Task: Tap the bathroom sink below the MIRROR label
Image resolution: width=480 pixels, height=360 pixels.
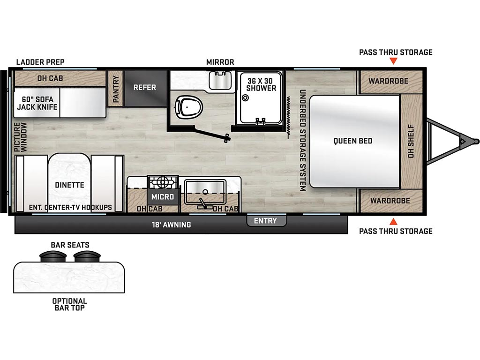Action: [x=220, y=80]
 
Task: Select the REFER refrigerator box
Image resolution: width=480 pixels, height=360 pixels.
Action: [x=145, y=88]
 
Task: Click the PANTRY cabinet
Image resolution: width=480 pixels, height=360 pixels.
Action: [x=116, y=89]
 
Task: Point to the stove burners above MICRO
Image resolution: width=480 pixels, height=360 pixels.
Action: [x=163, y=182]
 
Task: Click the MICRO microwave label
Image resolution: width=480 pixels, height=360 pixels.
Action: [x=163, y=196]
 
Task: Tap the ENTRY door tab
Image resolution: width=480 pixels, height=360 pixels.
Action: [x=266, y=220]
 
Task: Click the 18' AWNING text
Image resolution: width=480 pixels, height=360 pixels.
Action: [x=172, y=225]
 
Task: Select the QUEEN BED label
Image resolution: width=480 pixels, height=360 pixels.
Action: [x=352, y=141]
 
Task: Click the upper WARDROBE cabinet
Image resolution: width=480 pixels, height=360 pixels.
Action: [x=390, y=82]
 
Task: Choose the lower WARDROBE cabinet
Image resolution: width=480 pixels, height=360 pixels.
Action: [x=390, y=201]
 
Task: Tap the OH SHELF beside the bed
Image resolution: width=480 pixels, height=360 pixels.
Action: [x=411, y=141]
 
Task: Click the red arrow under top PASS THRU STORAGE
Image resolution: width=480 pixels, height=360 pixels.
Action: [x=394, y=61]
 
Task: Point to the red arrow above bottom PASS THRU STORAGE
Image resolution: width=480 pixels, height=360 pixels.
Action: [x=394, y=222]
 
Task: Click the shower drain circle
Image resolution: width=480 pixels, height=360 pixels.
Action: [x=245, y=98]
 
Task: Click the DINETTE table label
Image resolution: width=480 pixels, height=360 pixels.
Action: [x=69, y=185]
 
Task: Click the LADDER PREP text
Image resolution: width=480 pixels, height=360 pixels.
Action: [x=40, y=62]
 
